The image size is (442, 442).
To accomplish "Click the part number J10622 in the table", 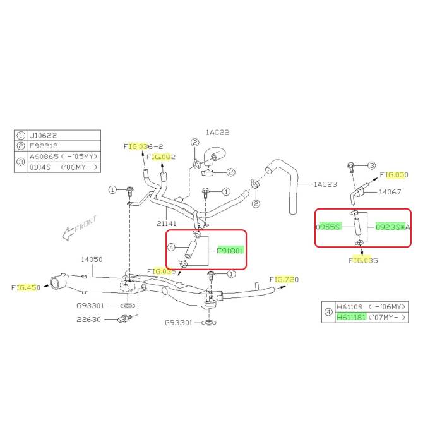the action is [43, 136].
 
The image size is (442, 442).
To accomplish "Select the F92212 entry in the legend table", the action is [44, 146].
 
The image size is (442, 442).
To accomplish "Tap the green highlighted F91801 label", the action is [230, 250].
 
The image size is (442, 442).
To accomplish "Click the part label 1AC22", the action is [217, 132].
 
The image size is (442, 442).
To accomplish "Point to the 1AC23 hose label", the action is [325, 184].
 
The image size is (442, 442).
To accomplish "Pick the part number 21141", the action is [166, 224].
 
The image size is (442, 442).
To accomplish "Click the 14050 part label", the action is [92, 260].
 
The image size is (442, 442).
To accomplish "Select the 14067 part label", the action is [390, 192].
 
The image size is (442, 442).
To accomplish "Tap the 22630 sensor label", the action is [88, 320].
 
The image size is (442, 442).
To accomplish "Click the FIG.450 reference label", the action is [26, 287].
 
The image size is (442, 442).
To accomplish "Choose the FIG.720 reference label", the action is [284, 279].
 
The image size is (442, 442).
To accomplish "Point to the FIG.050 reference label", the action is [394, 175].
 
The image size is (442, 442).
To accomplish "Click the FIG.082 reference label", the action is [161, 157].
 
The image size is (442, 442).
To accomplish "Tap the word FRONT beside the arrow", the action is [86, 224].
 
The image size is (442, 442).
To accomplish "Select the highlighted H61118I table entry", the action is [351, 318].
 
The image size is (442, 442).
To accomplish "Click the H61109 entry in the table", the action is [350, 306].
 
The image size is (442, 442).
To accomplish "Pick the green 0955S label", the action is [329, 227].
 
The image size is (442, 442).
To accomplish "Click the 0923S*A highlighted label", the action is [393, 227].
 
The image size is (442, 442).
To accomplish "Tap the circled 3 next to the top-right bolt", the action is [371, 165].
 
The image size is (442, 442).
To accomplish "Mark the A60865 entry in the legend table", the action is [44, 157].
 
